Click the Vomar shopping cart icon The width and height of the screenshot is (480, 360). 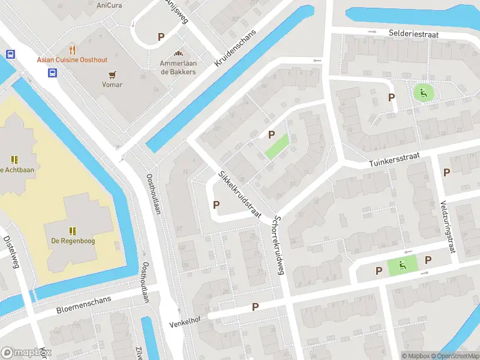coord(112,74)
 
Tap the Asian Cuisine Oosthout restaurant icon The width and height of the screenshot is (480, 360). coord(72,49)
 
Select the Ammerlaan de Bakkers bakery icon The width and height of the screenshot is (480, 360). coord(178,54)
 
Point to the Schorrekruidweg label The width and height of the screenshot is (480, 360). coord(277,245)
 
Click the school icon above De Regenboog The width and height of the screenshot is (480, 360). coord(73,230)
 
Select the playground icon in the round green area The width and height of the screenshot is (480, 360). coord(423,92)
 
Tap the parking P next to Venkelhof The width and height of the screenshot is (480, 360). coord(255,307)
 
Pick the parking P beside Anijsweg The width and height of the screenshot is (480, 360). coord(161,37)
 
